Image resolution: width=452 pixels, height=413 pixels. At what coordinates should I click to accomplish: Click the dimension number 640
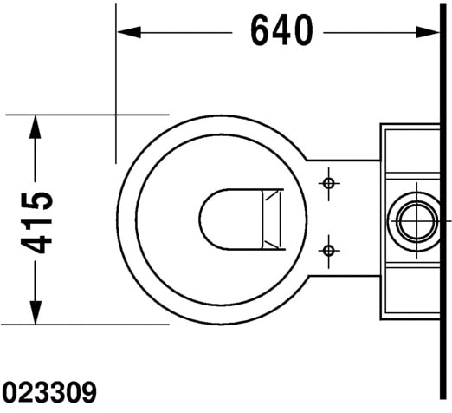[x=281, y=31]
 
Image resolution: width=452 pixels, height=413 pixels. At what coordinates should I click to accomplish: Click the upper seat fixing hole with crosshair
[x=328, y=183]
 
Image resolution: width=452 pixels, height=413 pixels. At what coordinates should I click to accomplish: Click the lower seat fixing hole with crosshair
[x=328, y=251]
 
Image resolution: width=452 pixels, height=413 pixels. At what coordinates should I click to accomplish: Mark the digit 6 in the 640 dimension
[x=262, y=31]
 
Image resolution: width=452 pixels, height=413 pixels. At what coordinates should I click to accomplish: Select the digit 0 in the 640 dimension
[x=302, y=31]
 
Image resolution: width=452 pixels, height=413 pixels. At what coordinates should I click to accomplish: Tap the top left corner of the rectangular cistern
[x=381, y=125]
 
